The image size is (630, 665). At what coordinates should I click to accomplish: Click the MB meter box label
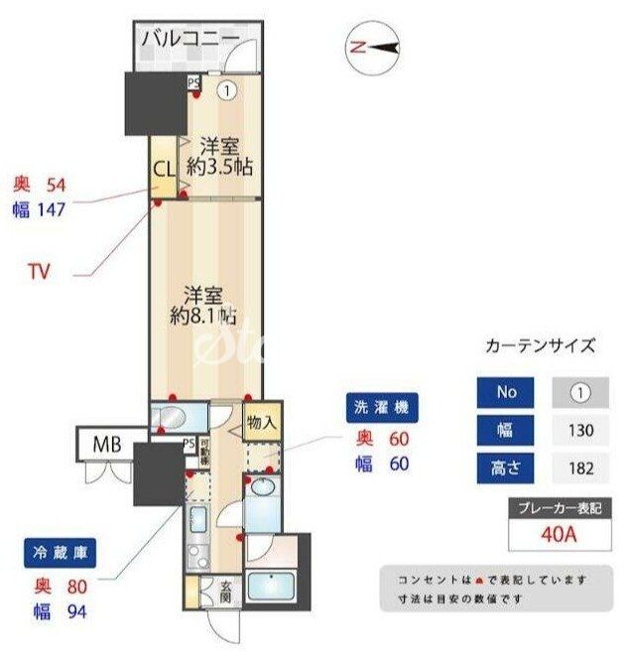tap(107, 444)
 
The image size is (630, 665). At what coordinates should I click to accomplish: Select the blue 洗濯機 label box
tap(381, 407)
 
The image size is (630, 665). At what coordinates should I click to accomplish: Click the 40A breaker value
tap(560, 535)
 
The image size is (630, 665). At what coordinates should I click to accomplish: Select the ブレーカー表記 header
tap(560, 508)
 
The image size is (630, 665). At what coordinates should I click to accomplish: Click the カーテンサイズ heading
tap(541, 345)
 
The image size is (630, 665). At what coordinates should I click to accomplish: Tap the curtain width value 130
tap(579, 430)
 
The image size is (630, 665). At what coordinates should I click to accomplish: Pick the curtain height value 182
tap(579, 467)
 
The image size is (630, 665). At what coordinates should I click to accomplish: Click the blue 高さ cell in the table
tap(506, 467)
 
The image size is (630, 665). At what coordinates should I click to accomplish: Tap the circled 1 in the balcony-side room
tap(228, 90)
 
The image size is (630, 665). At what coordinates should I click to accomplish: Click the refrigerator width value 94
tap(75, 611)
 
